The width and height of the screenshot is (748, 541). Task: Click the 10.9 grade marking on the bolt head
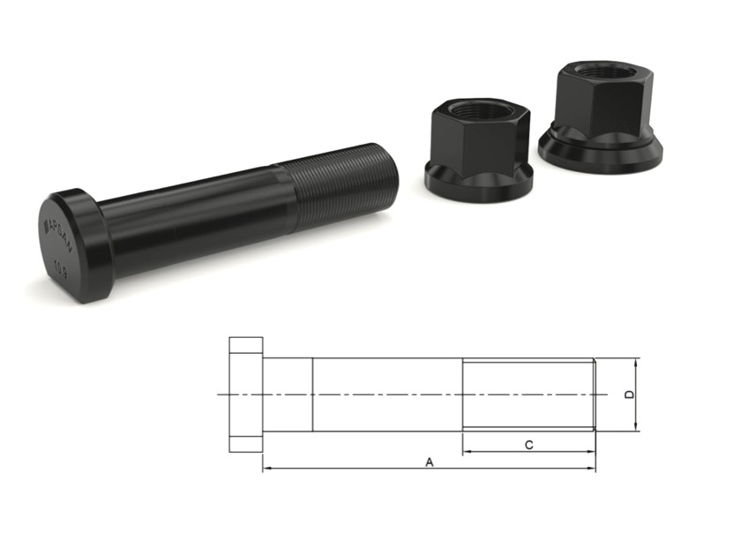pos(61,264)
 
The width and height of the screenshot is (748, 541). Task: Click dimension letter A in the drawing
pos(430,461)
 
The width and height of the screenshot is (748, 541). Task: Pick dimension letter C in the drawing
pos(528,445)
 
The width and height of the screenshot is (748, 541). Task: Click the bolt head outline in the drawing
pos(245,394)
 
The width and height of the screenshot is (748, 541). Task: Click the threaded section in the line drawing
pos(528,394)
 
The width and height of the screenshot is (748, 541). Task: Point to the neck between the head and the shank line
pos(288,394)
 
